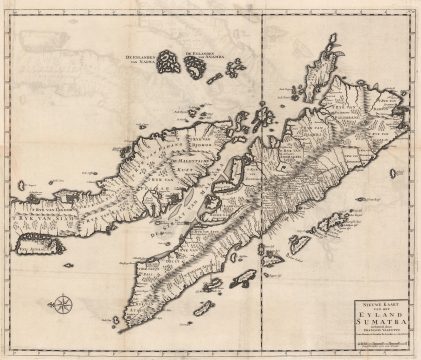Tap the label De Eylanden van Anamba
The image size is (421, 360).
[206, 55]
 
